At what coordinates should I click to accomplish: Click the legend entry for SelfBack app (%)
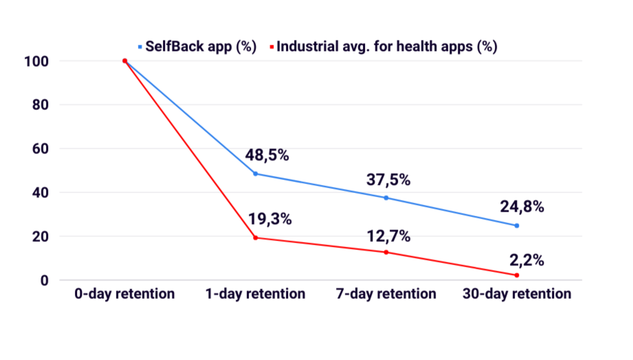(x=197, y=47)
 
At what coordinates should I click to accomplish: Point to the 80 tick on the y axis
(x=41, y=105)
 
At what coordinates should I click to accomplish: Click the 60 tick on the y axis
(x=41, y=148)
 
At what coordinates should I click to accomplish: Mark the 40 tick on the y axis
(x=41, y=192)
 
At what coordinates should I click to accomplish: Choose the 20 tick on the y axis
(x=41, y=236)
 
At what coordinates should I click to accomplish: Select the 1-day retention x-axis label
(x=255, y=294)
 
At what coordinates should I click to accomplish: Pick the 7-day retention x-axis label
(x=386, y=294)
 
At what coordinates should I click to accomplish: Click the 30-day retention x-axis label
(x=516, y=294)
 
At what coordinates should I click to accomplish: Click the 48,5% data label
(x=267, y=155)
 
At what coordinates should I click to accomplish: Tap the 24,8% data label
(x=522, y=207)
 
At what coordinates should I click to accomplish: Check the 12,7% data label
(x=388, y=236)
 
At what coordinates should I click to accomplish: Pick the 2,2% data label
(x=526, y=260)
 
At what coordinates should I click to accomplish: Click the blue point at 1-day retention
(x=256, y=174)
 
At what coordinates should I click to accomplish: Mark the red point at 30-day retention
(x=517, y=275)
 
